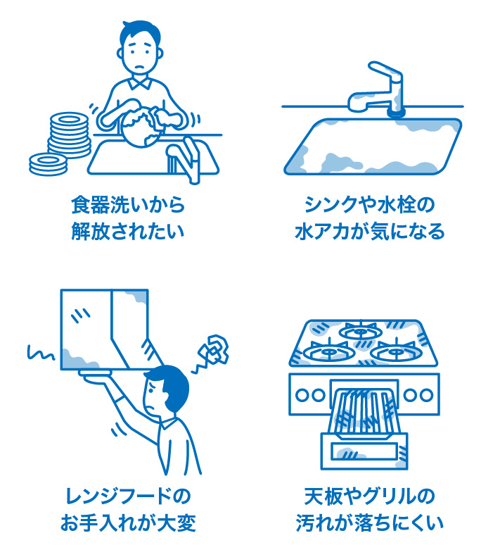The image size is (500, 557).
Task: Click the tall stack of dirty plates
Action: click(x=68, y=134)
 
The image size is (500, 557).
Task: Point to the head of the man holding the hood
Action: click(x=166, y=394)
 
